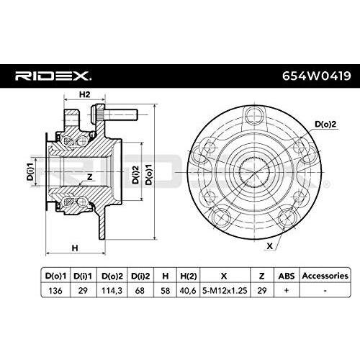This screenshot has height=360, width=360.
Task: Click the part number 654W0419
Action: [312, 76]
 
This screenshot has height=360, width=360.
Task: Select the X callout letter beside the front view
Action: [269, 246]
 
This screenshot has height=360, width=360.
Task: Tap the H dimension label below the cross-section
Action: [75, 248]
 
